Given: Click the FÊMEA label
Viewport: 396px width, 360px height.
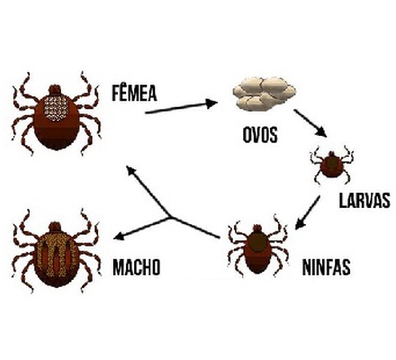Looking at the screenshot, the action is click(x=134, y=93).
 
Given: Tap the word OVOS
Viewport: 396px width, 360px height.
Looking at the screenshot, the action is click(x=260, y=134).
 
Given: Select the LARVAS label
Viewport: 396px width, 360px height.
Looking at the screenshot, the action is click(x=364, y=201).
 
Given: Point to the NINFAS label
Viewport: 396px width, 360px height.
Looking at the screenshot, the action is click(x=326, y=266).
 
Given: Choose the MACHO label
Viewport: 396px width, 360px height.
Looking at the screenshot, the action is click(x=136, y=266).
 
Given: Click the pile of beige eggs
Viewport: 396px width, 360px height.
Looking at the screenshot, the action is click(x=265, y=93).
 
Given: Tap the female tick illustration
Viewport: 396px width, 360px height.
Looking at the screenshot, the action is click(x=56, y=113).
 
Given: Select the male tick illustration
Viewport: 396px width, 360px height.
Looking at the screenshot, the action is click(x=56, y=251).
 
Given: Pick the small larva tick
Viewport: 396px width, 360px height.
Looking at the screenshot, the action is click(x=331, y=165).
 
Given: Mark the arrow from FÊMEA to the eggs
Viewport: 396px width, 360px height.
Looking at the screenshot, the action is click(x=181, y=108).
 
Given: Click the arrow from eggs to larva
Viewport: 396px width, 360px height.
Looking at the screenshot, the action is click(x=310, y=123).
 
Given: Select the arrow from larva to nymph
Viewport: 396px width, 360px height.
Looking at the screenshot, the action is click(x=307, y=212).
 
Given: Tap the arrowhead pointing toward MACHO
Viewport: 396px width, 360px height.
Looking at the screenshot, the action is click(x=119, y=237).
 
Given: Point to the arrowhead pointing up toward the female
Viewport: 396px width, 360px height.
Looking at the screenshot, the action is click(x=130, y=170).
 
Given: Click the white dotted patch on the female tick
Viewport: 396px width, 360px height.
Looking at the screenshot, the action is click(x=56, y=108).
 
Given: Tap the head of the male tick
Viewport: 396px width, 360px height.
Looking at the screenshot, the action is click(x=55, y=227).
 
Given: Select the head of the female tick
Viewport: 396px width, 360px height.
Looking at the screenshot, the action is click(x=55, y=89).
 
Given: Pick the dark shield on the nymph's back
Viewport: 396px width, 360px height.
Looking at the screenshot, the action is click(x=256, y=241).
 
